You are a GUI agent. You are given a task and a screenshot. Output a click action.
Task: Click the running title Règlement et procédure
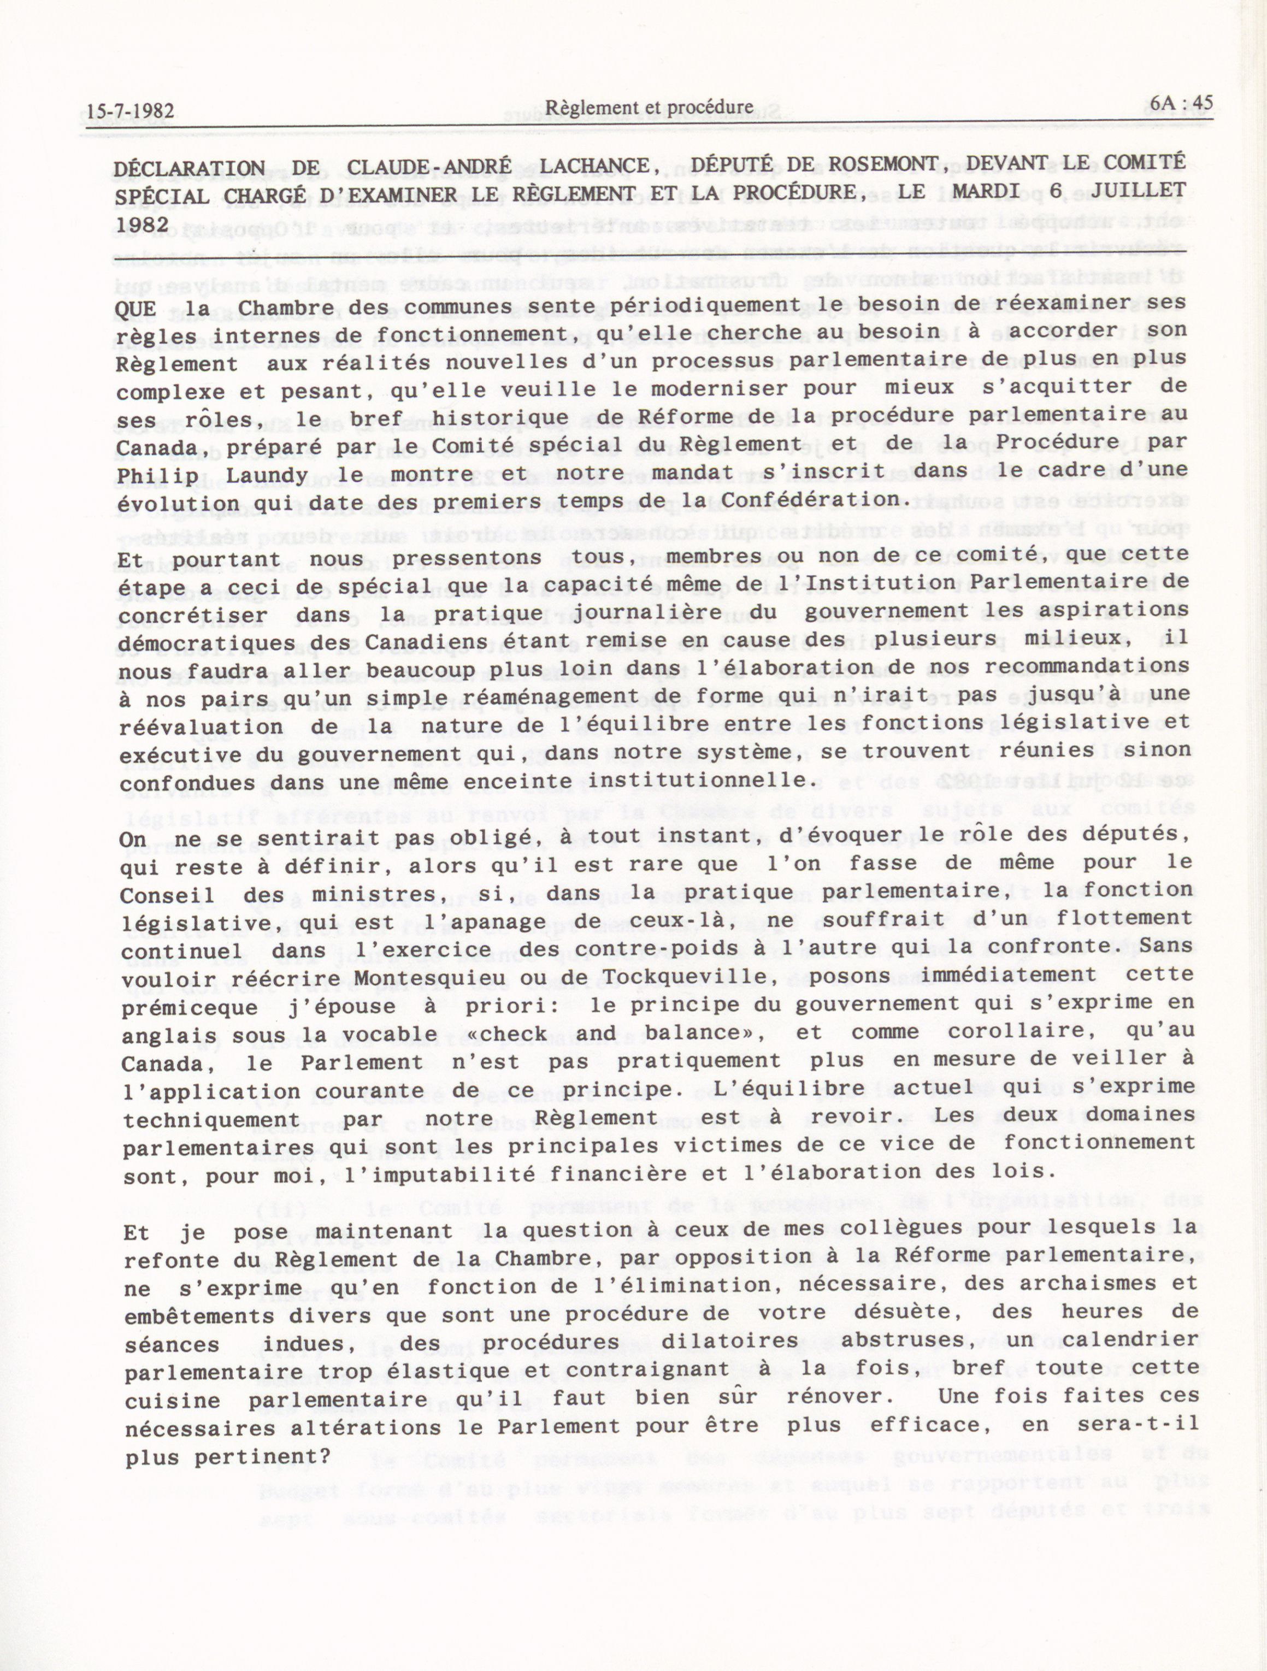[649, 107]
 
